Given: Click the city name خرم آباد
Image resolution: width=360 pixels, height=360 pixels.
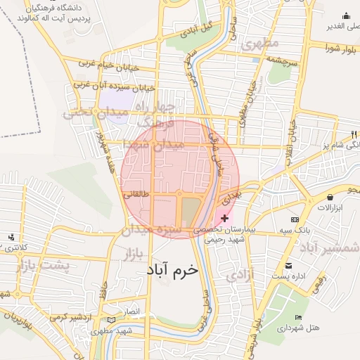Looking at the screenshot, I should [172, 269].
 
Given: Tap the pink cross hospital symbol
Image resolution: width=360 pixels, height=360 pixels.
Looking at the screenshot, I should [224, 219].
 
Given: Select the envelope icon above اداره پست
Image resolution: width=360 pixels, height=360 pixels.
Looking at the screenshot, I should [289, 266].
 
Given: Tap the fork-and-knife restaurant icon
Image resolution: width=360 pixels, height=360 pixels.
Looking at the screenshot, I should [352, 134].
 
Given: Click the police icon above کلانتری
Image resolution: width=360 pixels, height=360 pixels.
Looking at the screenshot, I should [11, 237].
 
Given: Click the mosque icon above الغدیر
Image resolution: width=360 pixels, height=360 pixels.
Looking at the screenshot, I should [346, 16].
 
